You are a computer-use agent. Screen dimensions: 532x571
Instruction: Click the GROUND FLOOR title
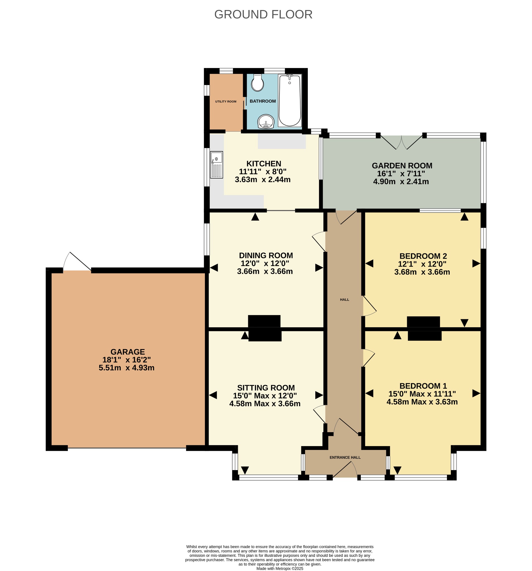click(263, 14)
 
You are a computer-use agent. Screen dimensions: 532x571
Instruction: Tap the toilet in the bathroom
click(257, 83)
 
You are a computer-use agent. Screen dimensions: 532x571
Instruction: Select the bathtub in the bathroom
click(289, 100)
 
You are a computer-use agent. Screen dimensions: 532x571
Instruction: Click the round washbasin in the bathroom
click(266, 122)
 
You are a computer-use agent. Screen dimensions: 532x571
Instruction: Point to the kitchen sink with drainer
click(217, 165)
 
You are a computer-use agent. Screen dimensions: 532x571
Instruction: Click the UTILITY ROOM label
click(226, 101)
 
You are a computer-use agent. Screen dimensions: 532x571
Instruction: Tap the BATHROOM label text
click(263, 101)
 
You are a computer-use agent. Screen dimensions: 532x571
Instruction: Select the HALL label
click(344, 299)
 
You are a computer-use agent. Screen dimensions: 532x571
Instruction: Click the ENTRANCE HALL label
click(345, 457)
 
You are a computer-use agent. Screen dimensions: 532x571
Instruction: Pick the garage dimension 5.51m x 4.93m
click(127, 368)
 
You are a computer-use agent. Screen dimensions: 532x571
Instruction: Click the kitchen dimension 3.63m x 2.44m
click(263, 180)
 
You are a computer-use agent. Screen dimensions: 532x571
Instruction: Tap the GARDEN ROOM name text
click(402, 166)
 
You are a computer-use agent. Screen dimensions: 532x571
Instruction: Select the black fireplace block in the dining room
click(264, 321)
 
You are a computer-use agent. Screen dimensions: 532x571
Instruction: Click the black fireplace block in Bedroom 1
click(425, 336)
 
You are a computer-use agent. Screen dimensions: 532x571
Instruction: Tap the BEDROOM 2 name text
click(423, 256)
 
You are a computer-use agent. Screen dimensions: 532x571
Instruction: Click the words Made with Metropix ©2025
click(280, 568)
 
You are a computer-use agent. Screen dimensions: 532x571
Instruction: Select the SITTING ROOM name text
click(266, 388)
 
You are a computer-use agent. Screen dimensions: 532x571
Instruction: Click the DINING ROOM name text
click(266, 255)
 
